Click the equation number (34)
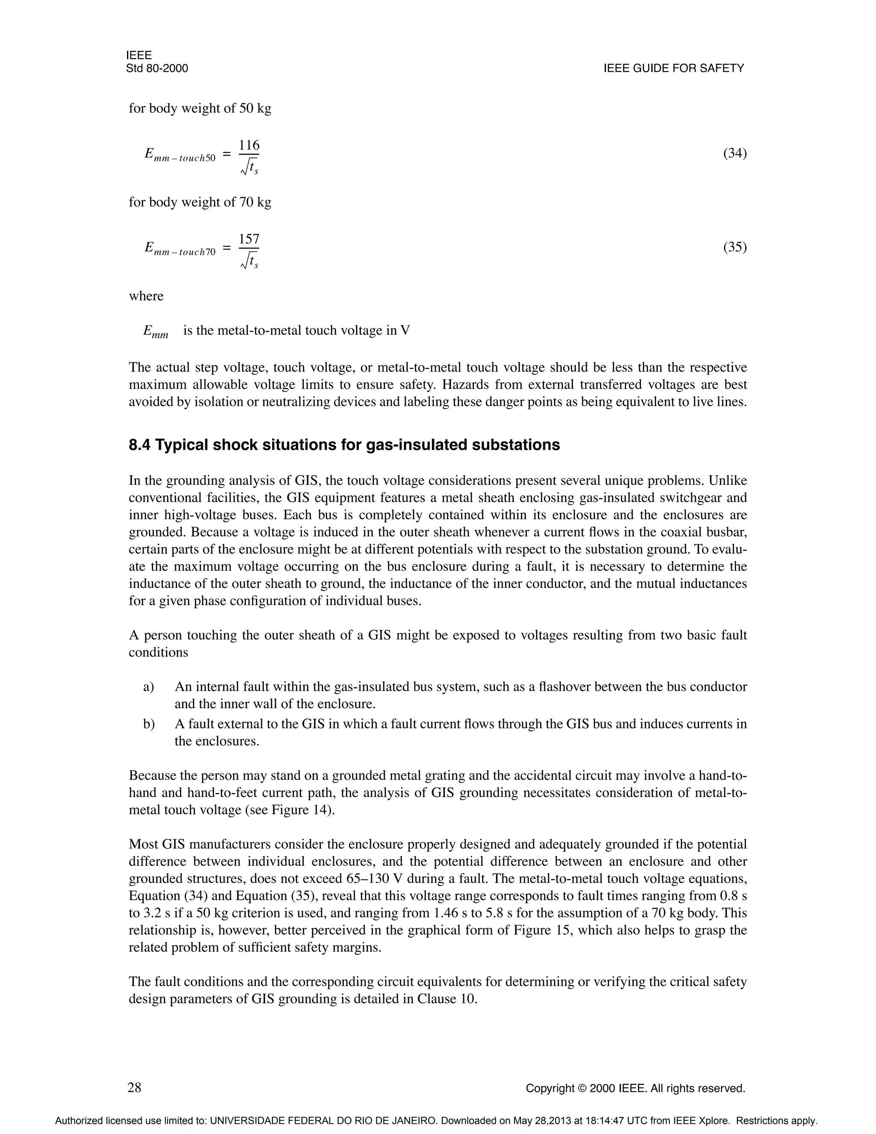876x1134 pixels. [735, 154]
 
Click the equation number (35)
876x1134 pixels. [735, 247]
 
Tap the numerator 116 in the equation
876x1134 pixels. [249, 145]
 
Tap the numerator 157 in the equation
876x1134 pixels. [249, 239]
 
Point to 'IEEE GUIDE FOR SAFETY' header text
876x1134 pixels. [674, 68]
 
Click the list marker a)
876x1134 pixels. [148, 687]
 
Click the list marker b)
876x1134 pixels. [149, 724]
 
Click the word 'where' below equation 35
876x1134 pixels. [146, 296]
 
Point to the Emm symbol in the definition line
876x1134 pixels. [156, 332]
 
